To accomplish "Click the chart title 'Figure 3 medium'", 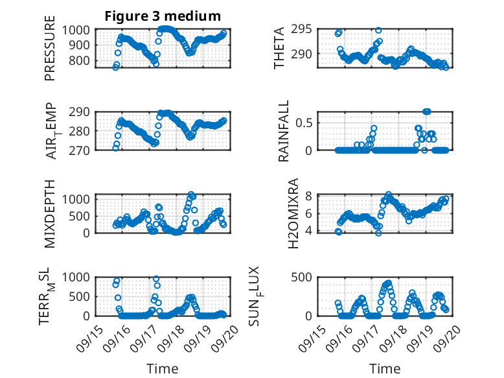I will [x=163, y=16].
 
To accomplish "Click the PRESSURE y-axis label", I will [x=50, y=53].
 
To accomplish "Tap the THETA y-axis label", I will [x=279, y=49].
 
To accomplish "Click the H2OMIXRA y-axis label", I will [x=292, y=213].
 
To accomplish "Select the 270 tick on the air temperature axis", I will [x=83, y=150].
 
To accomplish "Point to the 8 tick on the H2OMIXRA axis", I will [x=310, y=196].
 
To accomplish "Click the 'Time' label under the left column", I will [x=163, y=368].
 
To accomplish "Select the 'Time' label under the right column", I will [x=385, y=368].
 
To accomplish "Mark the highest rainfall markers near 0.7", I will [x=427, y=112].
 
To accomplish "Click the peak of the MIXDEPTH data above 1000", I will [x=191, y=195].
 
